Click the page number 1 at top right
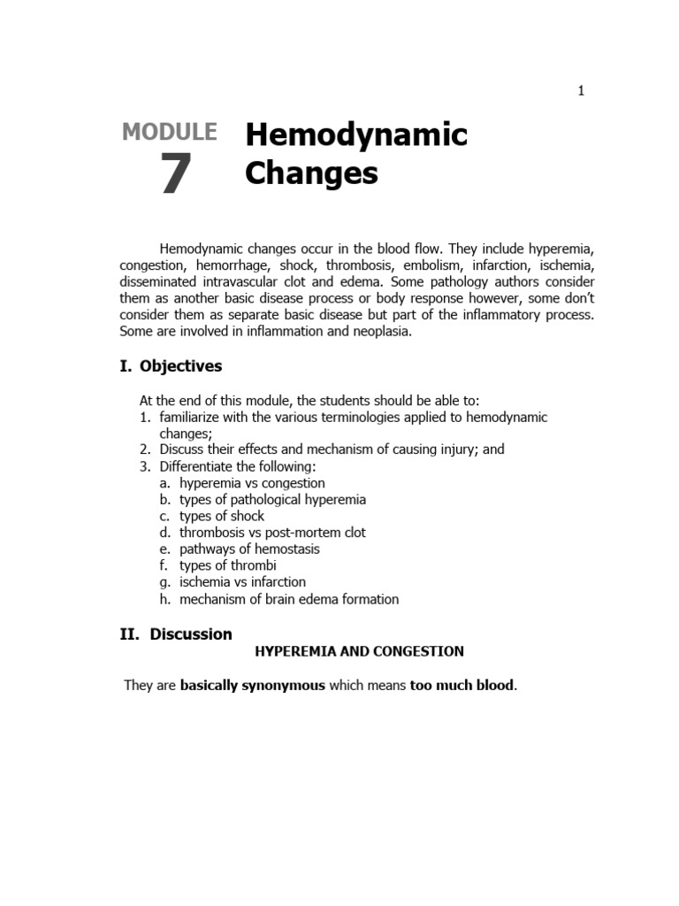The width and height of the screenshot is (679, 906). click(581, 90)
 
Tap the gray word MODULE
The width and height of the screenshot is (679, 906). click(169, 132)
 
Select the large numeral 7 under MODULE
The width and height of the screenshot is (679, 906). click(175, 174)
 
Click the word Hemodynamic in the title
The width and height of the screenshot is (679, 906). click(355, 135)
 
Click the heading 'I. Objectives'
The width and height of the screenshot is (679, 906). click(172, 366)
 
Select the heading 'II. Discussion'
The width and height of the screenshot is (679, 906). click(176, 633)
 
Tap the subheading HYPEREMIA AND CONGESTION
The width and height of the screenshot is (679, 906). click(359, 651)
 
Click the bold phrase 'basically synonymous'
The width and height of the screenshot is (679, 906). click(253, 685)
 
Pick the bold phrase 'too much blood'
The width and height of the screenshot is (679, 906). click(462, 685)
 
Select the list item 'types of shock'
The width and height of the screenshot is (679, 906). click(222, 516)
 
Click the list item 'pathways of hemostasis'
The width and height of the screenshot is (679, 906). click(249, 549)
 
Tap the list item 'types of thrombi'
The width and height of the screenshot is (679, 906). click(227, 566)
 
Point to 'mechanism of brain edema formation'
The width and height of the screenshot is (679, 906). click(289, 600)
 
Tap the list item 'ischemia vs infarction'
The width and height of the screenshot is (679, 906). click(242, 583)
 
